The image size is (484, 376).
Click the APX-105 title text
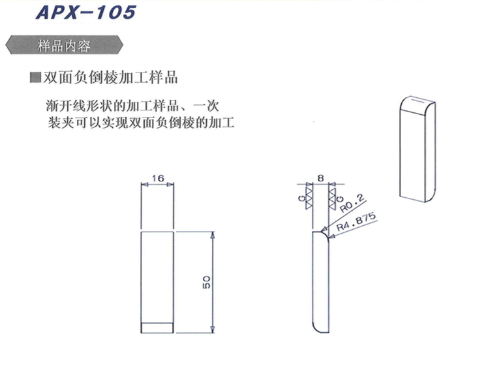[x=86, y=12]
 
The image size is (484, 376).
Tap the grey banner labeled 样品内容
[x=64, y=45]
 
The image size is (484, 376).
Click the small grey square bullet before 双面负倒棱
[x=35, y=77]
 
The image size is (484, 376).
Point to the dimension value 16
[x=158, y=178]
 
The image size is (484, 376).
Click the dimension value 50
[x=207, y=282]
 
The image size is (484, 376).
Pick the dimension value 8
[x=321, y=178]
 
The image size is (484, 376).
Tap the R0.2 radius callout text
[x=352, y=203]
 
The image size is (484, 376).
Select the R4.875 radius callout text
[x=356, y=221]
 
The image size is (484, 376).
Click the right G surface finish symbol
[x=334, y=198]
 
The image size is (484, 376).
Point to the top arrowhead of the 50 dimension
[x=213, y=235]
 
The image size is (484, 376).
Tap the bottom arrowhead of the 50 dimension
[x=213, y=330]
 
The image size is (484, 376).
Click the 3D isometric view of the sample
[x=417, y=149]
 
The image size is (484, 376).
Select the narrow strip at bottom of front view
[x=157, y=328]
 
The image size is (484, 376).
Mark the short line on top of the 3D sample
[x=418, y=101]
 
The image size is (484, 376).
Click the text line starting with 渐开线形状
[x=132, y=106]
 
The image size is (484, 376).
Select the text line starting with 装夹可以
[x=141, y=123]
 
